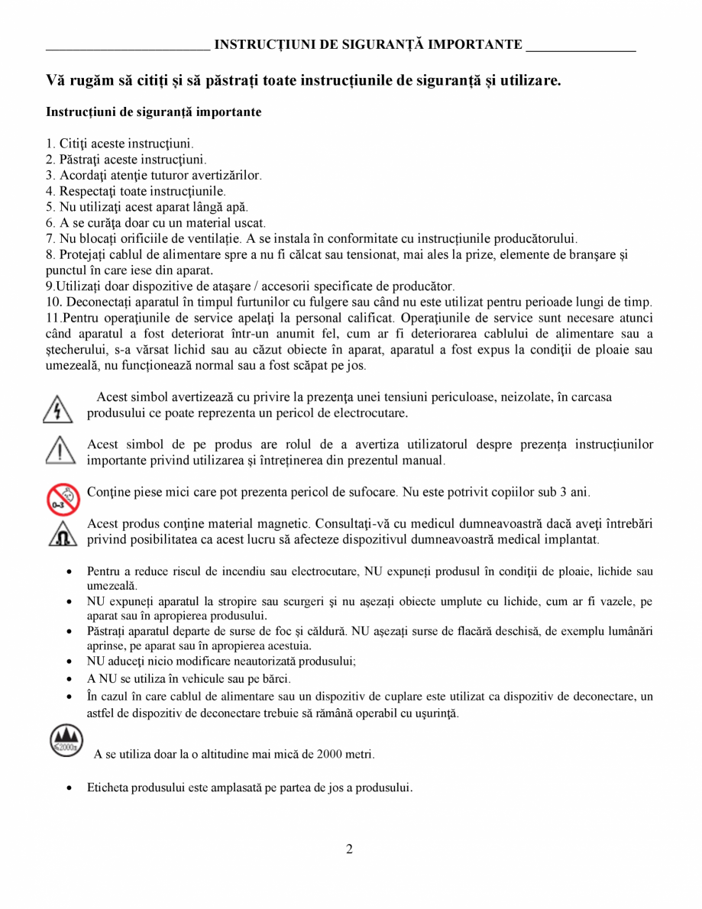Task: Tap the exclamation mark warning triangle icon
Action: [60, 451]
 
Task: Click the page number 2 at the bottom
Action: [349, 849]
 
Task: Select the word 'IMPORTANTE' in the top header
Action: [474, 44]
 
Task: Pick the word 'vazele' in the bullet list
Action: [608, 601]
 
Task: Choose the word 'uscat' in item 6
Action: [249, 222]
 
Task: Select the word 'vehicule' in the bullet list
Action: [188, 678]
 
